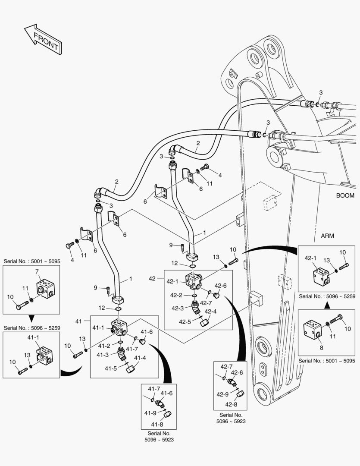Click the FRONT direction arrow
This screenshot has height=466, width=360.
pyautogui.click(x=43, y=40)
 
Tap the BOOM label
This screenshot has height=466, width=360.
pyautogui.click(x=345, y=195)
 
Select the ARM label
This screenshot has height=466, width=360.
pyautogui.click(x=328, y=236)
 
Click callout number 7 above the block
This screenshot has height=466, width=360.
pyautogui.click(x=37, y=271)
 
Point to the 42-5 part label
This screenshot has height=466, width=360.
pyautogui.click(x=185, y=321)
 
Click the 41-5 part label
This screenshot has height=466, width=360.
pyautogui.click(x=111, y=368)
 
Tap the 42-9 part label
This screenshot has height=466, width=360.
pyautogui.click(x=222, y=394)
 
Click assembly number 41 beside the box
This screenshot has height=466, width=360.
pyautogui.click(x=78, y=321)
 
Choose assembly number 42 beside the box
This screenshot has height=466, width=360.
pyautogui.click(x=152, y=279)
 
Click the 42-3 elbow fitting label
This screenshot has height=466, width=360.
pyautogui.click(x=178, y=308)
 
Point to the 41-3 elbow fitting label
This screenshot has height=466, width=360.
pyautogui.click(x=103, y=355)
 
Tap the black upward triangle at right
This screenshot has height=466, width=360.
pyautogui.click(x=327, y=305)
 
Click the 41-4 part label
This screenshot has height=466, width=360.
pyautogui.click(x=140, y=358)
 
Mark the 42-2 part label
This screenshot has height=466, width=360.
pyautogui.click(x=176, y=296)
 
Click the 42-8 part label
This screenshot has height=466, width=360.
pyautogui.click(x=232, y=404)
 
